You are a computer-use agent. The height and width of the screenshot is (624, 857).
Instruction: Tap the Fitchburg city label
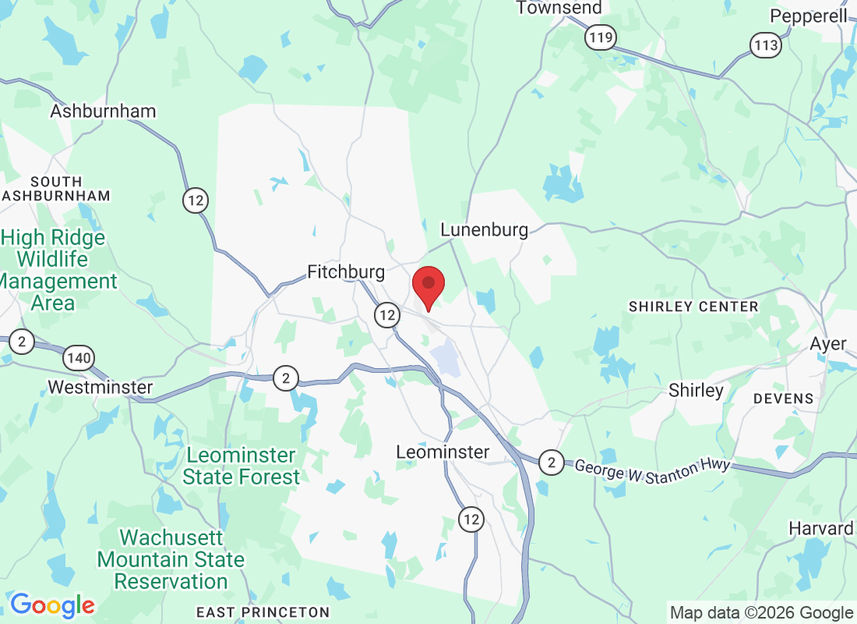click(x=346, y=272)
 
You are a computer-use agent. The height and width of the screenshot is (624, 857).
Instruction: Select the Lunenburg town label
click(x=484, y=230)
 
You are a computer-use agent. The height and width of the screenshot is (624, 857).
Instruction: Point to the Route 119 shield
click(x=601, y=37)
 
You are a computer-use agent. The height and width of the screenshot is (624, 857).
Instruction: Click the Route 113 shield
click(x=766, y=45)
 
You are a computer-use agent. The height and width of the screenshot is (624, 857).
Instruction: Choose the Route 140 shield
click(x=79, y=359)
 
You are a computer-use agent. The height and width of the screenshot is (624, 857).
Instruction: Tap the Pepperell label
click(x=808, y=16)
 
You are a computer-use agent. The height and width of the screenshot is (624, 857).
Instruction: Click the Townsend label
click(x=559, y=8)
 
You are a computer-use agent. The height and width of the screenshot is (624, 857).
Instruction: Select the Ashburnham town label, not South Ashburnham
click(x=103, y=111)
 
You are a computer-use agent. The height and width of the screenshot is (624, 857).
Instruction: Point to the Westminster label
click(x=101, y=387)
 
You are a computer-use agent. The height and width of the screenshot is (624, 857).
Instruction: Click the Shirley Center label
click(x=693, y=307)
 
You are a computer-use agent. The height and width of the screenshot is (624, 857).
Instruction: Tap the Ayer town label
click(x=827, y=344)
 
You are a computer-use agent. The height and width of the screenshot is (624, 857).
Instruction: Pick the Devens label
click(x=783, y=399)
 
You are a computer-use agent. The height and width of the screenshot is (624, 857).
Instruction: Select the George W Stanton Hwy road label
click(x=652, y=471)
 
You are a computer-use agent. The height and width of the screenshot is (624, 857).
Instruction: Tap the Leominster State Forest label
click(x=241, y=466)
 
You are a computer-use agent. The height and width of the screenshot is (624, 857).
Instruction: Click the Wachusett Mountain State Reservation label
click(x=171, y=559)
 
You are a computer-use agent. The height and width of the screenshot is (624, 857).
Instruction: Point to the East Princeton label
click(x=263, y=612)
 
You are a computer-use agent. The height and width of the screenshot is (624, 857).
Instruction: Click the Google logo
click(x=52, y=604)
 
